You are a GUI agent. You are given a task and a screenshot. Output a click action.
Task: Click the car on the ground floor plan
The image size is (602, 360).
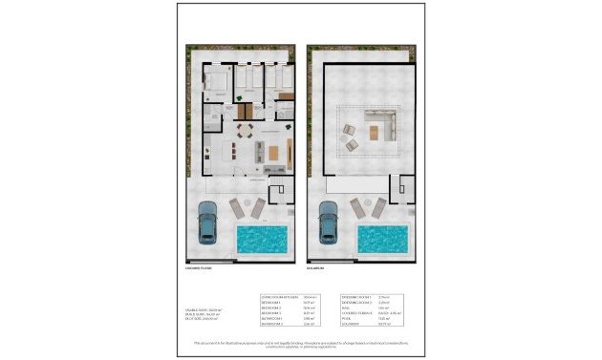tap(207, 222)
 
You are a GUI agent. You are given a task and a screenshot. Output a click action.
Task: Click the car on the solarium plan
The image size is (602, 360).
tap(328, 222)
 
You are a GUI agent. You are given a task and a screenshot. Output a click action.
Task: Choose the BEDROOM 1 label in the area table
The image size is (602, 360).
tap(268, 304)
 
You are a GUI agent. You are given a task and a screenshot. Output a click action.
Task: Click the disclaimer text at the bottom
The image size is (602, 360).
tap(301, 344)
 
